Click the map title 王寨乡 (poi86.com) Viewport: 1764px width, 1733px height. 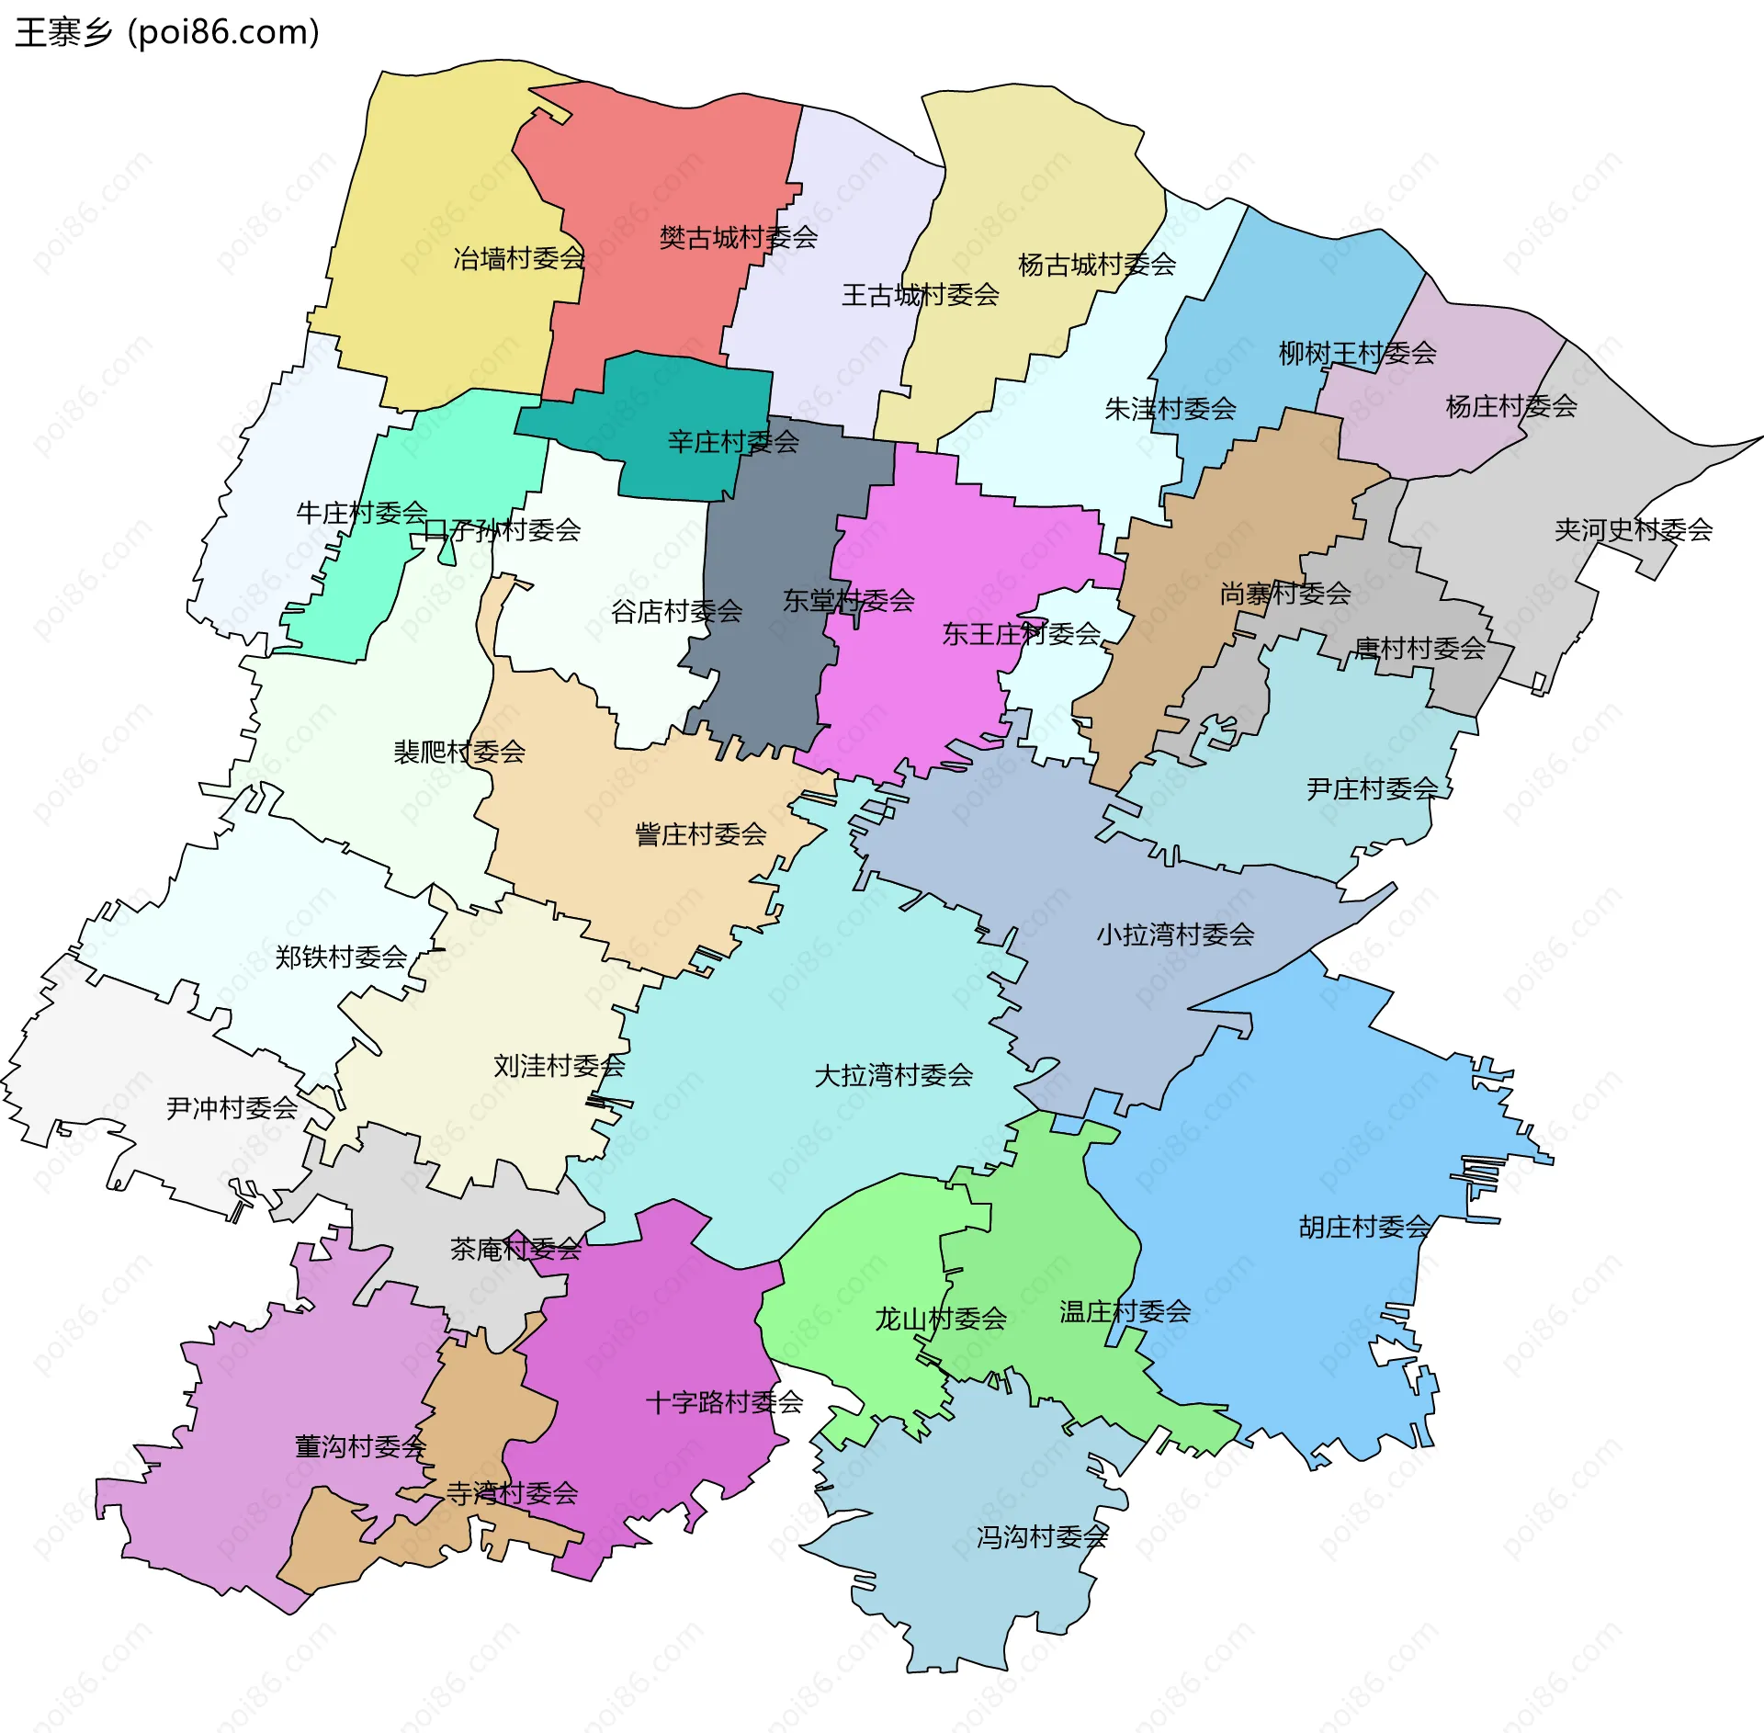[x=167, y=32]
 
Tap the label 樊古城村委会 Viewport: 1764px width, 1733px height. [x=738, y=238]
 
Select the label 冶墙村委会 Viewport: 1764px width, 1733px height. [x=519, y=258]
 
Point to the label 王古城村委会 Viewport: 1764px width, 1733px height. [x=920, y=295]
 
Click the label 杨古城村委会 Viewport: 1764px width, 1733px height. [x=1097, y=265]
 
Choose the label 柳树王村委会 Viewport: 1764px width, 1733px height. [x=1357, y=353]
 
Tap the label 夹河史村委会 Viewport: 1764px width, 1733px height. [x=1633, y=529]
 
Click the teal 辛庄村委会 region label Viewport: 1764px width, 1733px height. [x=732, y=442]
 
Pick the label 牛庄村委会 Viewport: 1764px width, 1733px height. [x=362, y=513]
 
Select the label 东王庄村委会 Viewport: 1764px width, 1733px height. [x=1021, y=633]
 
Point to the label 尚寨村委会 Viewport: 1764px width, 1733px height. [x=1284, y=594]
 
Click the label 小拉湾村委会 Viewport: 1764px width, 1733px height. [x=1175, y=934]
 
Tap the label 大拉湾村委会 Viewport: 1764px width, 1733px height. [x=893, y=1075]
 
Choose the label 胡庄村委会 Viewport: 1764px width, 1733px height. [x=1364, y=1227]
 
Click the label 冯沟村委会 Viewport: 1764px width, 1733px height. [x=1042, y=1536]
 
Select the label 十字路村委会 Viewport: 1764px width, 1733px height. [x=724, y=1402]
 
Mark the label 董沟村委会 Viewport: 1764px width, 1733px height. [x=360, y=1446]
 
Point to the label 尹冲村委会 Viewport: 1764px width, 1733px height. [x=232, y=1108]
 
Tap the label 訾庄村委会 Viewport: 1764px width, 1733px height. [x=700, y=834]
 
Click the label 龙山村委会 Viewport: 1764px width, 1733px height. [x=940, y=1319]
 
